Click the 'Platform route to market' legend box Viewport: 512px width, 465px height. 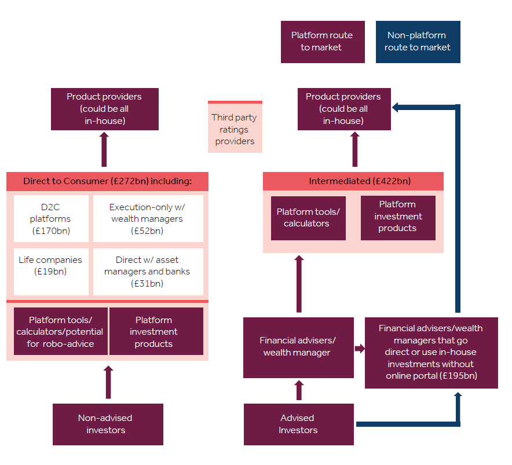pos(323,42)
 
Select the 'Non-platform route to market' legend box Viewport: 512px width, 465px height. pos(418,42)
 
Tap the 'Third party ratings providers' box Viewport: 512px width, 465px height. pos(235,128)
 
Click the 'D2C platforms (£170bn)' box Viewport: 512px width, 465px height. pos(51,218)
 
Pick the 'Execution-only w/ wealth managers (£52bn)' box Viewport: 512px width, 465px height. pos(148,218)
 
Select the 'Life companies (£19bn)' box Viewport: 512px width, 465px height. pos(51,272)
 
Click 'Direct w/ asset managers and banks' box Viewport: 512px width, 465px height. pos(148,272)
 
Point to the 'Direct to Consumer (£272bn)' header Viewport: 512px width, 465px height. pos(107,181)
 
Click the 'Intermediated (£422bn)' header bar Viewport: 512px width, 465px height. pos(353,181)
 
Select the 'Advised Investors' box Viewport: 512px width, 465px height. pos(298,424)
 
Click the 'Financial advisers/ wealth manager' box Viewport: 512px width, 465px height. pos(298,347)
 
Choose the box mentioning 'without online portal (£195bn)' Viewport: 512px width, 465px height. pos(431,352)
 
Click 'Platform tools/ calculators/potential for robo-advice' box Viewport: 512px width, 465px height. pos(60,331)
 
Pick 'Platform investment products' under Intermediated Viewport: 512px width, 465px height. pos(397,217)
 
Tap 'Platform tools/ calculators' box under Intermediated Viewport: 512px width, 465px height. pos(308,218)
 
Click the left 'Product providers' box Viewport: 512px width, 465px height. pos(104,109)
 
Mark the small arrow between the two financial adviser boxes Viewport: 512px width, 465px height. pos(359,348)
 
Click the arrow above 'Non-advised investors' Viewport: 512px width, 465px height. pos(108,382)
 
